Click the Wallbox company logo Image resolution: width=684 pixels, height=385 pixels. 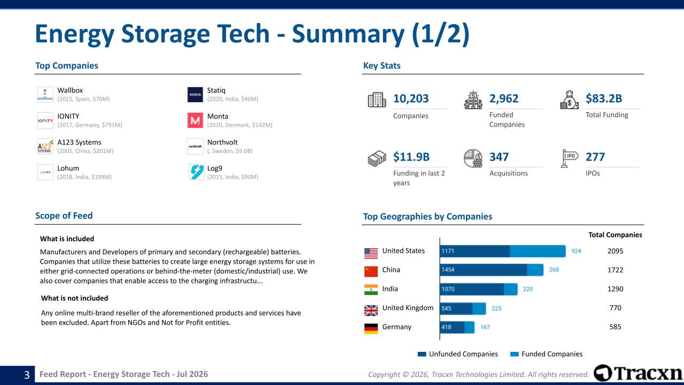45,95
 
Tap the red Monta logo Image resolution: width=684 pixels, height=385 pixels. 195,120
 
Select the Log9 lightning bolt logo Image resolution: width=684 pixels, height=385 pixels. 196,172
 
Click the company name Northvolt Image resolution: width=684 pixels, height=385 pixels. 222,142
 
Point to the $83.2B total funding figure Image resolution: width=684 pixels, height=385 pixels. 604,98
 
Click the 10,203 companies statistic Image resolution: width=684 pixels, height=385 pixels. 411,98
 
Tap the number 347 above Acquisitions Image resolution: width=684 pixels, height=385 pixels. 499,157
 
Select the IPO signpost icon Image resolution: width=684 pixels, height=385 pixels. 569,158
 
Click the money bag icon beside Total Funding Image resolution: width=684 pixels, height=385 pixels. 569,100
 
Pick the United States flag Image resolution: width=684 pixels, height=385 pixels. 371,253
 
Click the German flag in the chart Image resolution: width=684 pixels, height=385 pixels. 371,329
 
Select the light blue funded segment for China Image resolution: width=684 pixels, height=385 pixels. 535,270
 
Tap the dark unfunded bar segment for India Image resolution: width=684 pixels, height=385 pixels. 472,289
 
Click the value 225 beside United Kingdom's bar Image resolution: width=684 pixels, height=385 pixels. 496,309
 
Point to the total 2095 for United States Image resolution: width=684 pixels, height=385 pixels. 615,251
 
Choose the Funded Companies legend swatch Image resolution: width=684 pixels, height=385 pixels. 515,354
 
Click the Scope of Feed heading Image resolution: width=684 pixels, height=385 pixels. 64,215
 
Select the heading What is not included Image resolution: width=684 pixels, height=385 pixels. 74,298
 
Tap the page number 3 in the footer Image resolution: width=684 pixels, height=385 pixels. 27,375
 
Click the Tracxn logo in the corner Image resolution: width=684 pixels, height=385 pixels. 638,373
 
